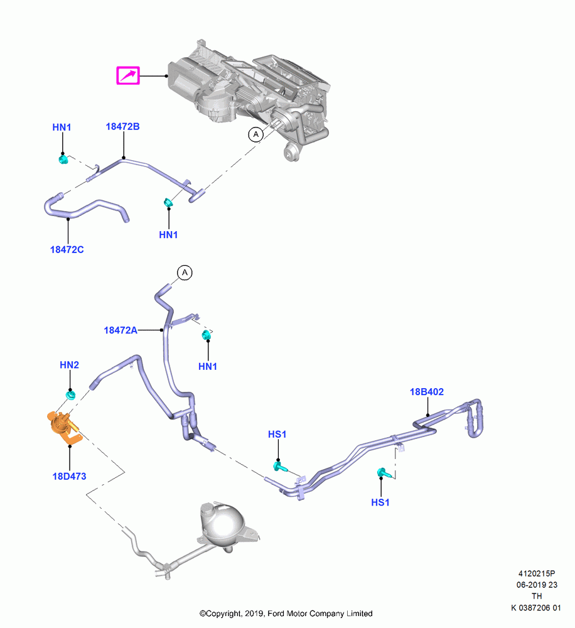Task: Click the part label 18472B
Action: [x=122, y=127]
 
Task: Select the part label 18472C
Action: [x=67, y=249]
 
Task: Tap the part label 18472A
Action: [x=121, y=330]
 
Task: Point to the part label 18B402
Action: [x=426, y=392]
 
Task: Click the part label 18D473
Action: [x=69, y=476]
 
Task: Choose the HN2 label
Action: [x=69, y=365]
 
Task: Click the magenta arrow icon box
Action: [x=127, y=75]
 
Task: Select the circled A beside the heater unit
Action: [x=256, y=134]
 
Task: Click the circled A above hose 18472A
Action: [x=185, y=273]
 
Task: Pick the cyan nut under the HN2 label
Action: [x=71, y=395]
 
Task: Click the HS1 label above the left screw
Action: [x=277, y=434]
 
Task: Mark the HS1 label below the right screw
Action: [x=380, y=502]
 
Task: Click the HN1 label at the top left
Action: [x=62, y=127]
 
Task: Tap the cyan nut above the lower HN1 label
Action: [x=207, y=335]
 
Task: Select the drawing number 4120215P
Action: [x=537, y=573]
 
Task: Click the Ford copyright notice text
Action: [x=286, y=614]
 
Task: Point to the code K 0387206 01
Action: [x=535, y=608]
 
